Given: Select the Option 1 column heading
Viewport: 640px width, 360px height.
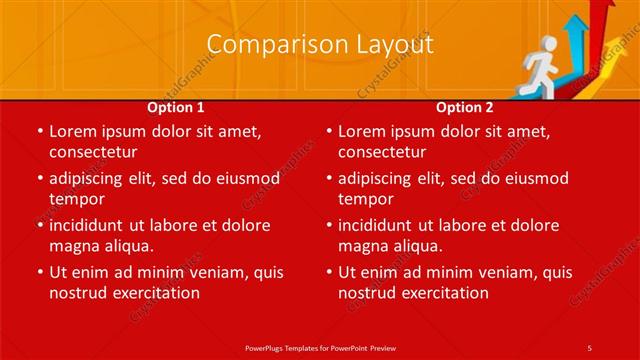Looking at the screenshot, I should [176, 107].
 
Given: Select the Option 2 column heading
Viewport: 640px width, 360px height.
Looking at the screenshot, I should [465, 107].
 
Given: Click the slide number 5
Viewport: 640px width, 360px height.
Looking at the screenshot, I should [590, 347].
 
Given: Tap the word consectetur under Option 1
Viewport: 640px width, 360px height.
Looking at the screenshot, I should [93, 152].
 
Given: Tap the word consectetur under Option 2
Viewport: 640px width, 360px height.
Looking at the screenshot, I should [382, 152].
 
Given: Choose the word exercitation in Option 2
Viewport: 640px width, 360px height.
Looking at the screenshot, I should [443, 293].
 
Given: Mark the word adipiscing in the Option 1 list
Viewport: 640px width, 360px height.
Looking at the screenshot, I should [89, 179].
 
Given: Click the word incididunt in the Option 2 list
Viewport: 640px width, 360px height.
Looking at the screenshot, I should [380, 226].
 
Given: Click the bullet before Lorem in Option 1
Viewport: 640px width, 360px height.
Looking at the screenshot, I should [38, 132].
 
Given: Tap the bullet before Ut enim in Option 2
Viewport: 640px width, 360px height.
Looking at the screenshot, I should [327, 273].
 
